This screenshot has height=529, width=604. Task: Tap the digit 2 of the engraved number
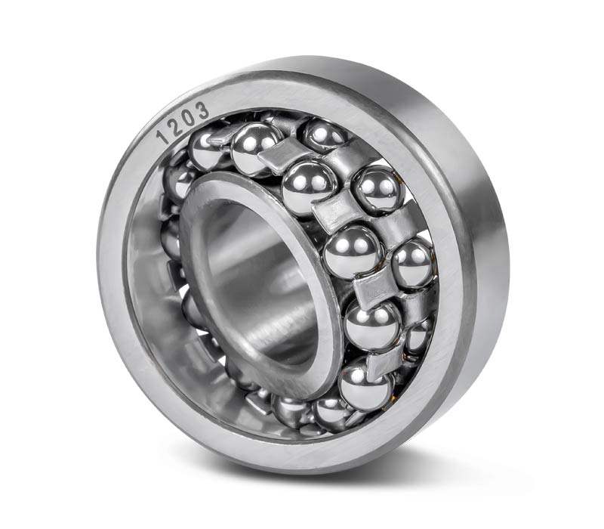(177, 125)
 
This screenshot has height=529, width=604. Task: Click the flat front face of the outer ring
(127, 347)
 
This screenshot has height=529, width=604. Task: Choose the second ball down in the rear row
(377, 190)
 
